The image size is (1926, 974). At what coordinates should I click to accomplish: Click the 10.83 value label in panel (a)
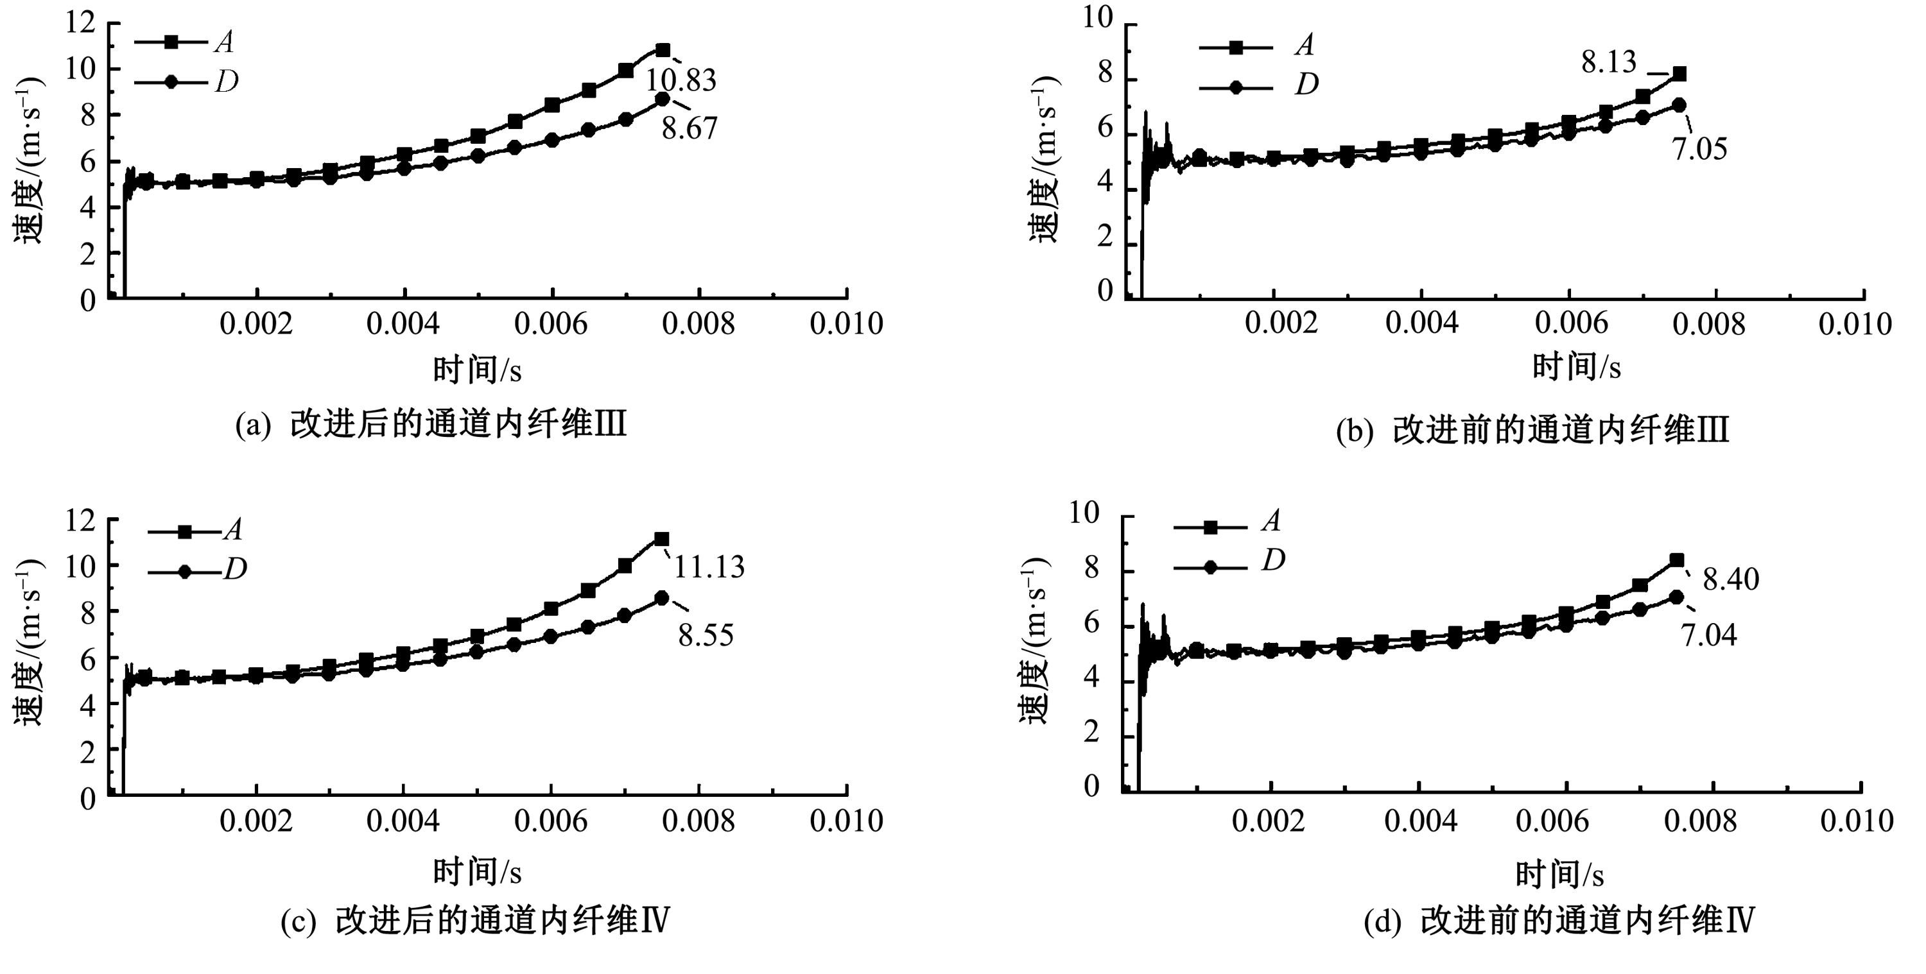pos(681,80)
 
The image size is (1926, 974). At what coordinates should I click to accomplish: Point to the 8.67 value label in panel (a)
pos(689,128)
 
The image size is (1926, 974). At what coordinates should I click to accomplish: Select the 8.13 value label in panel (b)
pos(1608,63)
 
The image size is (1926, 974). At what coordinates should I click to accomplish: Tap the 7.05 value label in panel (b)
pos(1699,150)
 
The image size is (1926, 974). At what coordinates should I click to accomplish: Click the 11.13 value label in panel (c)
pos(709,567)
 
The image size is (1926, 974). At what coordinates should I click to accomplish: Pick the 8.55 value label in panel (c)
pos(706,635)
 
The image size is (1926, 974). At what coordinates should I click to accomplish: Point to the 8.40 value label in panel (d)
pos(1731,580)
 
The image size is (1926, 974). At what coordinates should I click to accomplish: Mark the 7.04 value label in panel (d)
pos(1708,635)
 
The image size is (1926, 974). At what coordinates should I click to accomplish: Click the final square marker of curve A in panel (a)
pos(663,50)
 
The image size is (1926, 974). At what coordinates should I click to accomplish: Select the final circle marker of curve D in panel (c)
pos(662,598)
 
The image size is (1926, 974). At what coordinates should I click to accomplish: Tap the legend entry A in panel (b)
pos(1304,46)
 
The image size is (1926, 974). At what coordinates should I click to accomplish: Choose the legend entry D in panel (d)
pos(1272,561)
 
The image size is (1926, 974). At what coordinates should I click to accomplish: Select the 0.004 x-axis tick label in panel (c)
pos(403,821)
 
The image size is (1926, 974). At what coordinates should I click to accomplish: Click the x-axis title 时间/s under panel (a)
pos(477,370)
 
